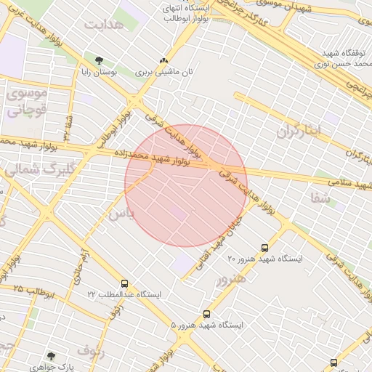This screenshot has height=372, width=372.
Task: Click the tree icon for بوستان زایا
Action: [x=99, y=60]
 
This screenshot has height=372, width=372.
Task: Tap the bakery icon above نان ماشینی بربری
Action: [x=163, y=61]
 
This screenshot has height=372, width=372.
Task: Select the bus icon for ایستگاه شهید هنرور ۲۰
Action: [x=264, y=247]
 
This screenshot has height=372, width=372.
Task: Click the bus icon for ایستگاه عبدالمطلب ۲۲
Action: [x=125, y=283]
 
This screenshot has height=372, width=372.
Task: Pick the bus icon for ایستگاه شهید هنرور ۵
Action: [x=207, y=314]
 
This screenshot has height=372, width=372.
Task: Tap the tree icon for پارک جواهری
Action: [x=50, y=355]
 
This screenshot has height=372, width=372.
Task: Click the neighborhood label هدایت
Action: [x=104, y=23]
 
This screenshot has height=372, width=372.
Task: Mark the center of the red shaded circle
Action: [x=186, y=186]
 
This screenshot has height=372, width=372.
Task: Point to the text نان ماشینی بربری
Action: [x=165, y=73]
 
